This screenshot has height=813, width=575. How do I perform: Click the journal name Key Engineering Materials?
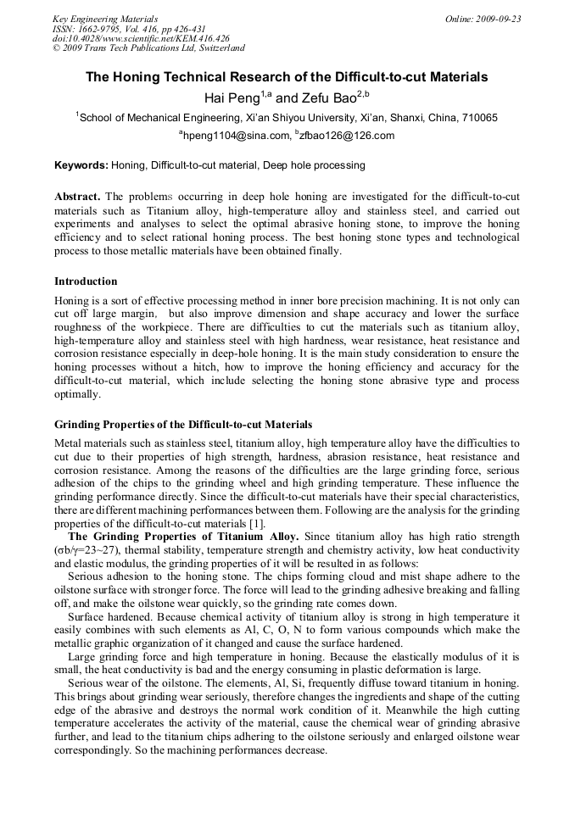tap(105, 19)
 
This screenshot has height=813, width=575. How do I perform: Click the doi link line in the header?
tap(141, 39)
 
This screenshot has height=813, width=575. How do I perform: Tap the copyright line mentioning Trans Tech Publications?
tap(148, 48)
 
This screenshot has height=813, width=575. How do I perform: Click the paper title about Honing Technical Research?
tap(287, 77)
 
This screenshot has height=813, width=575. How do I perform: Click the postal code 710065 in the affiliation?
tap(477, 118)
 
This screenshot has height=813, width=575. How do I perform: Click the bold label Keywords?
tap(81, 165)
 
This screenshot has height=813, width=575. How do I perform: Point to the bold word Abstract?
tap(78, 197)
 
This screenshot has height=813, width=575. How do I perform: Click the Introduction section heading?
tap(86, 281)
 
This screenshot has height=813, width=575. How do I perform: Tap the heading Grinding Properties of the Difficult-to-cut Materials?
tap(183, 424)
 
